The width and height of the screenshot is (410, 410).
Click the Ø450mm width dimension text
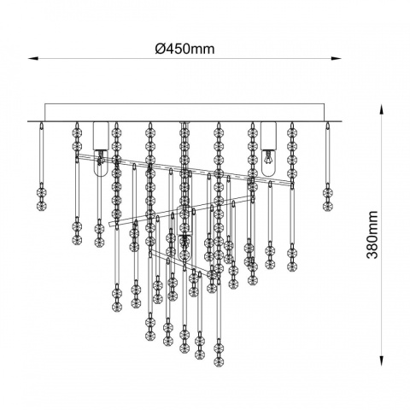(184, 49)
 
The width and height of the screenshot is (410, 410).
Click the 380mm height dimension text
(372, 235)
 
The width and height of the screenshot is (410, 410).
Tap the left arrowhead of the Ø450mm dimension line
(33, 58)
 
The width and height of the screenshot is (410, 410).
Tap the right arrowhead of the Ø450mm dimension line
(336, 58)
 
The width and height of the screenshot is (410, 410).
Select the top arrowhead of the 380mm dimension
(382, 109)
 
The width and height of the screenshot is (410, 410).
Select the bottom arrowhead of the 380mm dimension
(382, 360)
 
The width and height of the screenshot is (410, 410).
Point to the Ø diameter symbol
(161, 49)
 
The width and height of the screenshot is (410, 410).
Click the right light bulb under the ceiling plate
(269, 163)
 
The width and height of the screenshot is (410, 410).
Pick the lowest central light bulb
(184, 247)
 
